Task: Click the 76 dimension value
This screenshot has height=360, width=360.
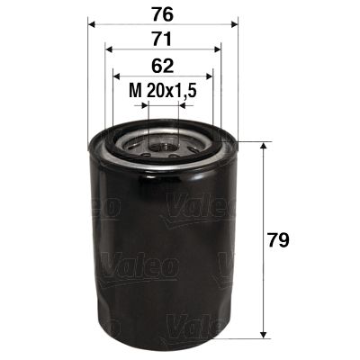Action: point(163,14)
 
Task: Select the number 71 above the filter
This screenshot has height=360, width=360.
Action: point(163,39)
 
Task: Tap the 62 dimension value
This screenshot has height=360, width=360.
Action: point(163,64)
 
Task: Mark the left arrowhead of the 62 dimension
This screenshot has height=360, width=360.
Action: point(117,76)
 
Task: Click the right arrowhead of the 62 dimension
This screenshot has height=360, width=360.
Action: point(208,76)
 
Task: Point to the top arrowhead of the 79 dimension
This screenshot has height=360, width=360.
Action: point(262,147)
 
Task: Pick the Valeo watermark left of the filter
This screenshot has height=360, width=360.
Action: point(98,208)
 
